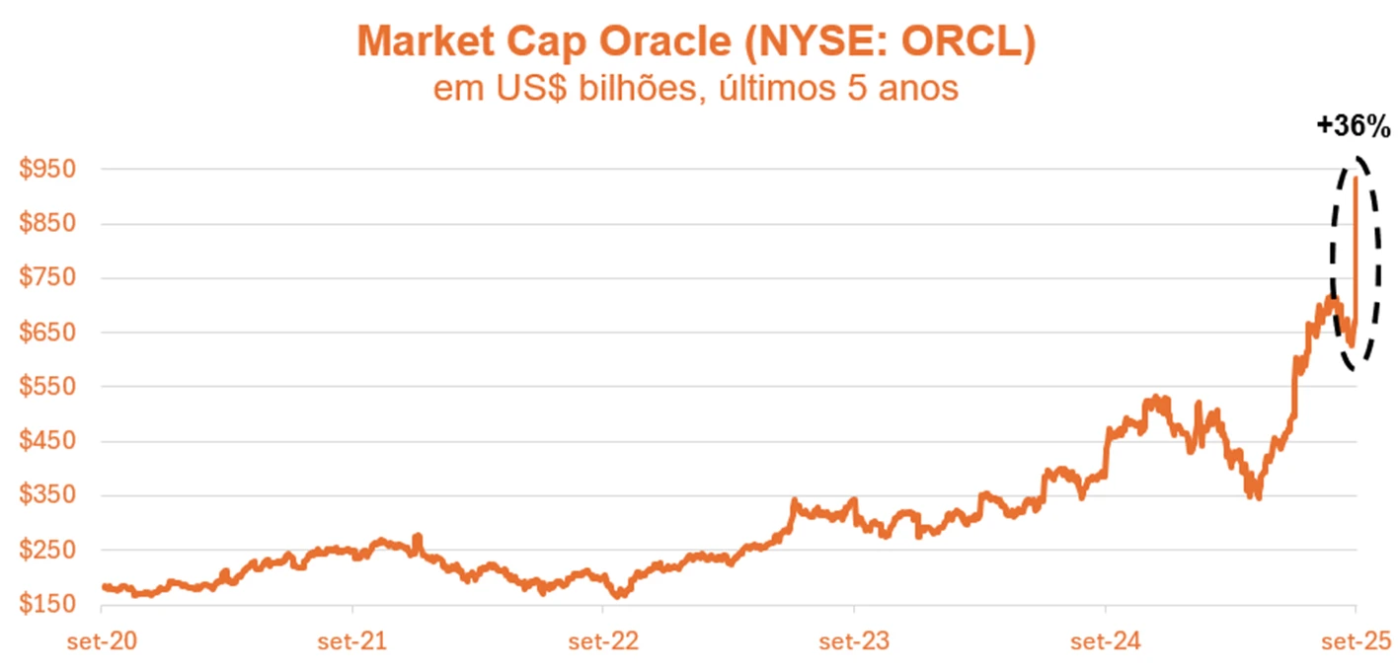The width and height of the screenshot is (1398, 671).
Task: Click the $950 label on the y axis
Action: [46, 169]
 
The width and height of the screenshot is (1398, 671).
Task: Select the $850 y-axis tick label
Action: [46, 223]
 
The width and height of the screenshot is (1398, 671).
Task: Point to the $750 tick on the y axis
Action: [46, 277]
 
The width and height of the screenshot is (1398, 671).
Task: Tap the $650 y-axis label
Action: [46, 333]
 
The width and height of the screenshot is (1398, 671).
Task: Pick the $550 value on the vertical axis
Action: [46, 387]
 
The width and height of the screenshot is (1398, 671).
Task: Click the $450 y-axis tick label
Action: [46, 441]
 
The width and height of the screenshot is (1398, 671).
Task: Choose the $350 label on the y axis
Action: [46, 495]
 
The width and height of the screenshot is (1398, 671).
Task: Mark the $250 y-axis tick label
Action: [46, 550]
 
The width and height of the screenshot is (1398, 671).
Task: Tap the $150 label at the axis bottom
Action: [46, 604]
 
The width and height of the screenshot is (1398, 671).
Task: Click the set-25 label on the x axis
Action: [1356, 642]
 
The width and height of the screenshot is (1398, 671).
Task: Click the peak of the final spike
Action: [1356, 177]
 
